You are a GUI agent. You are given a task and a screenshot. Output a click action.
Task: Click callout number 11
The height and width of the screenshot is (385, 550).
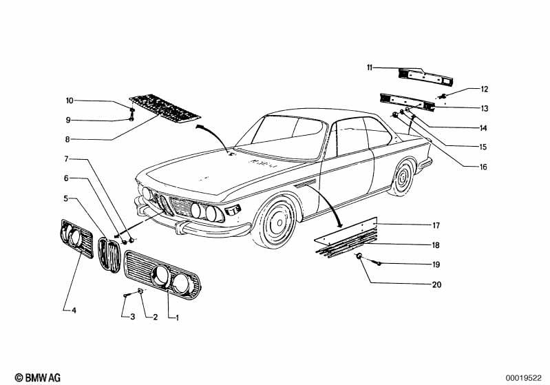click(370, 67)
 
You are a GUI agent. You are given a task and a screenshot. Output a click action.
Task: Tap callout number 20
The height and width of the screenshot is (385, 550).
click(436, 284)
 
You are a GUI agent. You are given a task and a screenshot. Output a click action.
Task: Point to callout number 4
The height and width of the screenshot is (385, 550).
click(74, 311)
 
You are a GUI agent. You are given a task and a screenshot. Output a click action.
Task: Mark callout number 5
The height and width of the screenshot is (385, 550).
click(67, 198)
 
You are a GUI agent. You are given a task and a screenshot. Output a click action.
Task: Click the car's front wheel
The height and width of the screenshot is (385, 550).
click(278, 222)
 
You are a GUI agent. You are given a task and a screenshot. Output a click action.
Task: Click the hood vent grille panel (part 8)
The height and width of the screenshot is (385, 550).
click(165, 107)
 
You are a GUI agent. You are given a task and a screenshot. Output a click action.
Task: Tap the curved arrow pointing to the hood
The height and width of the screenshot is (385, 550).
click(213, 135)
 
